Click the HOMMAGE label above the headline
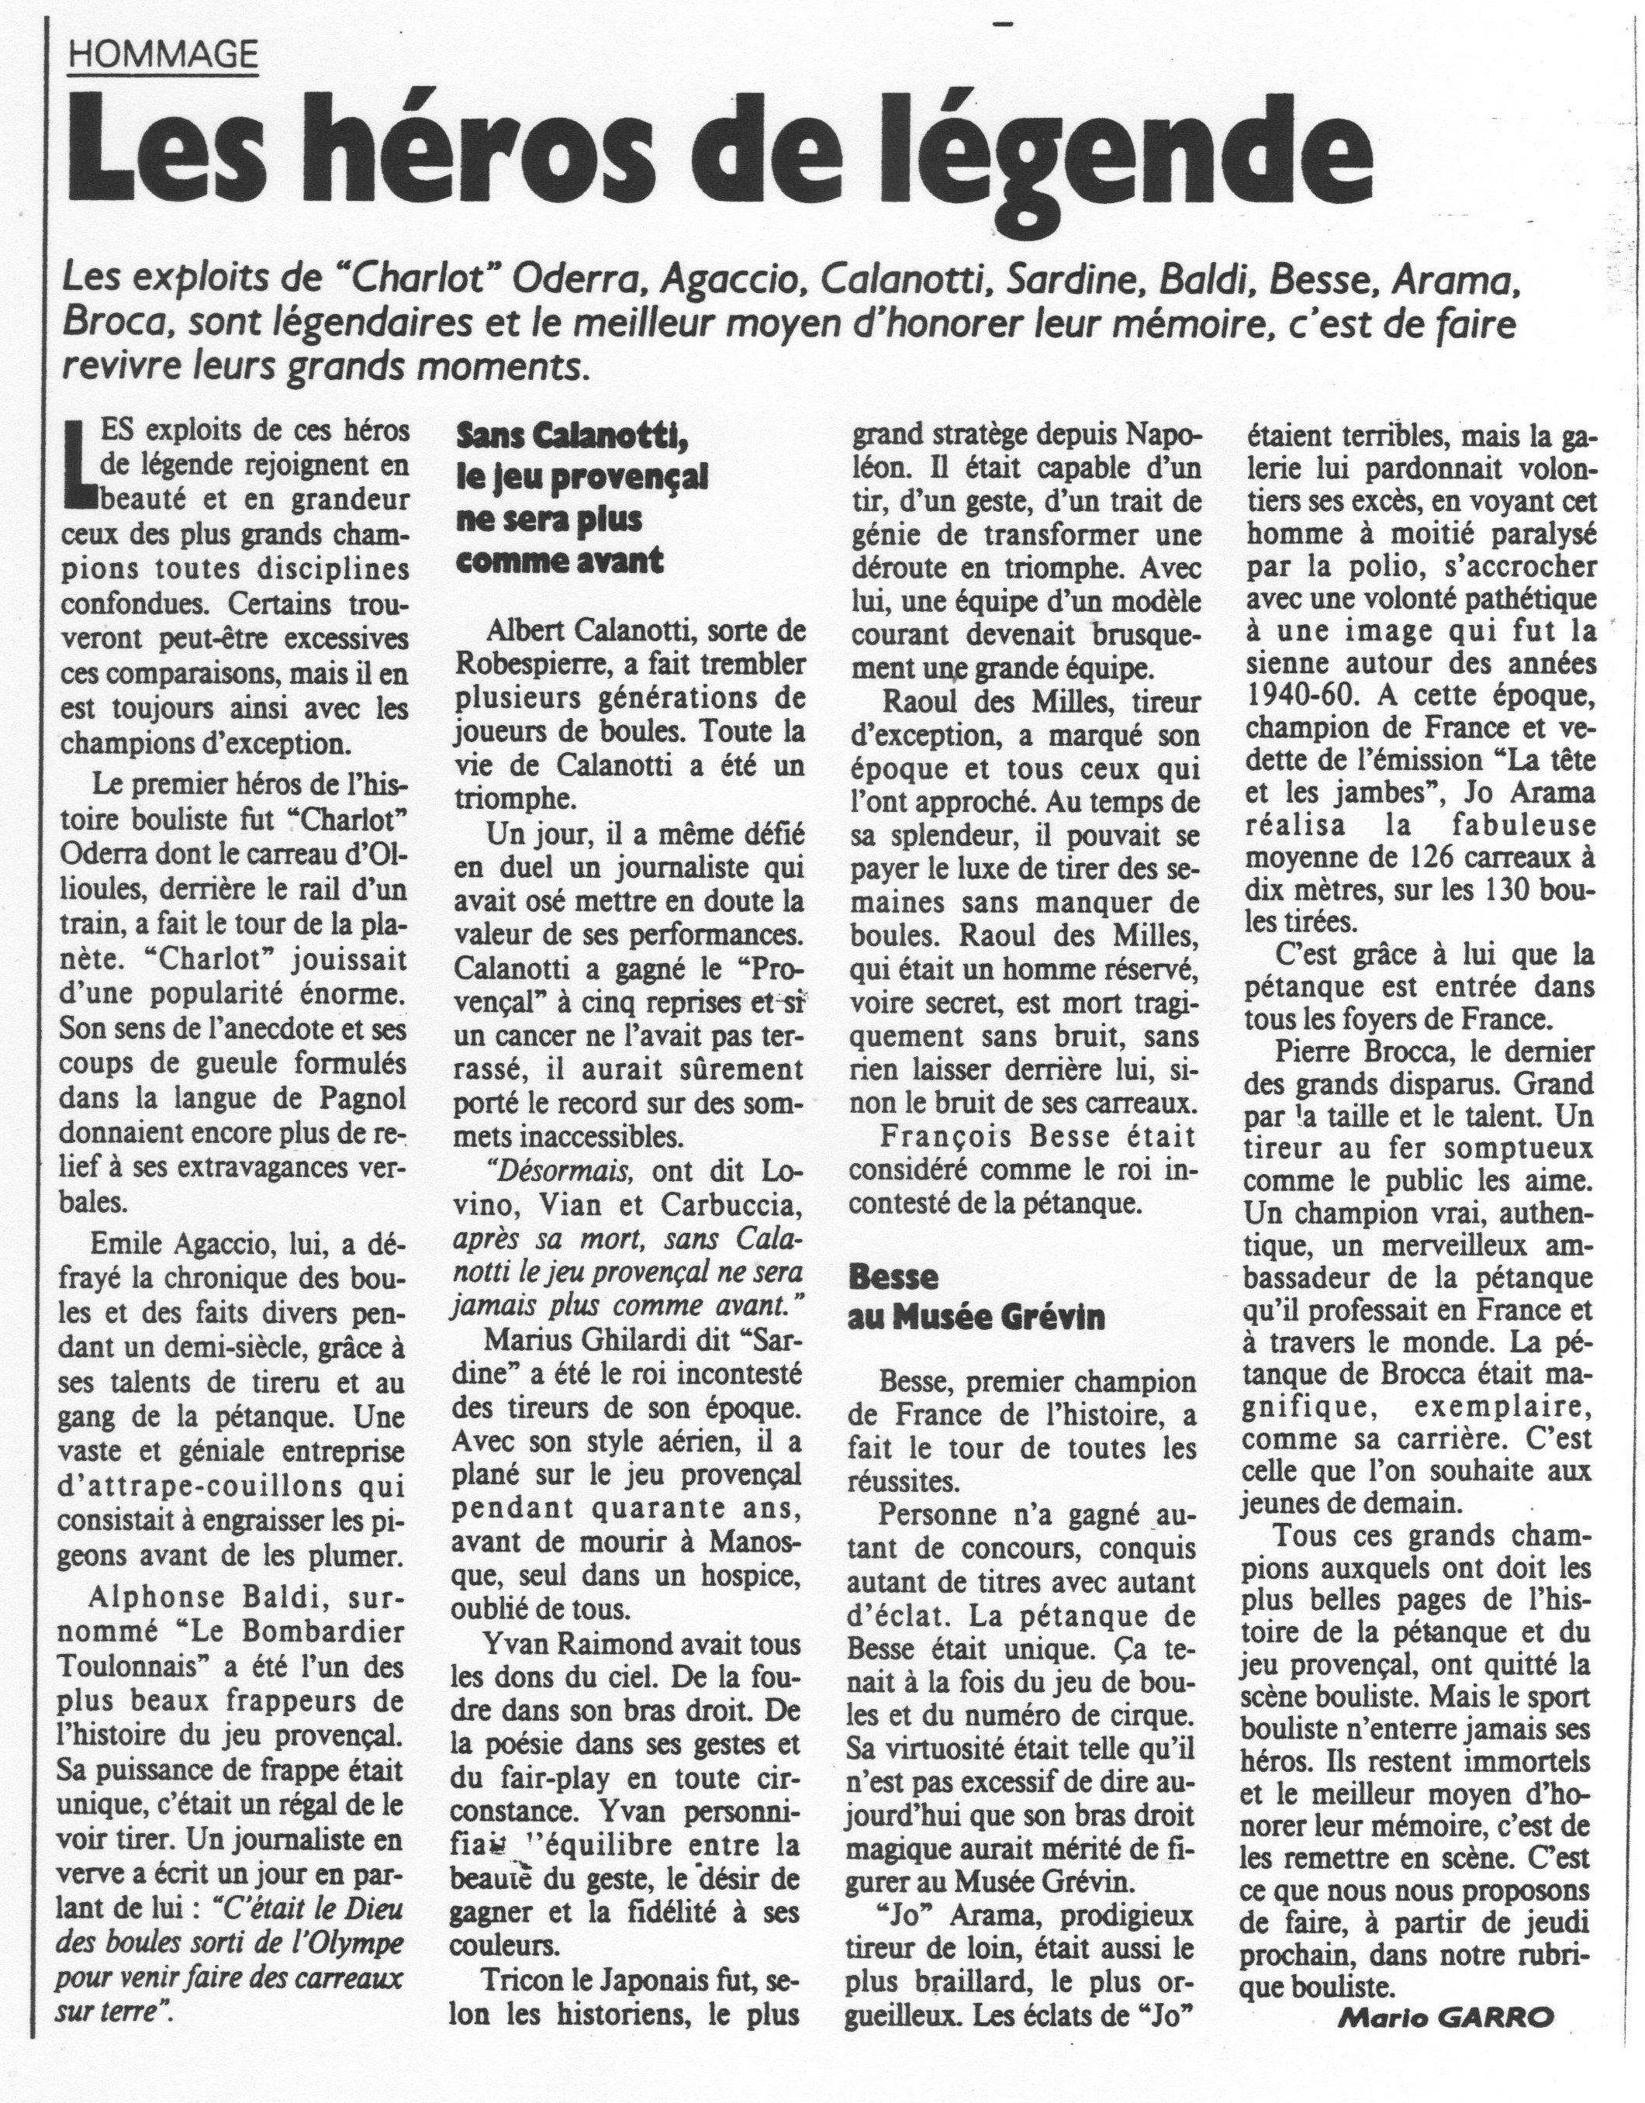coord(164,56)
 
